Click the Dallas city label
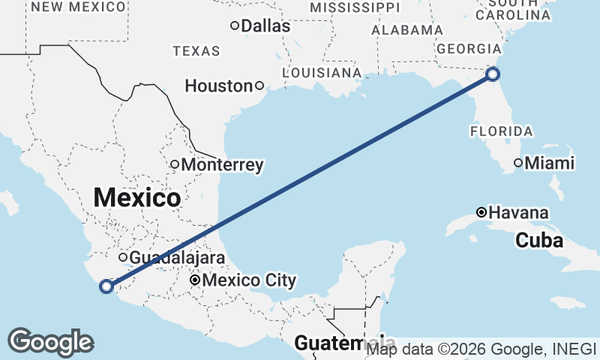point(265,26)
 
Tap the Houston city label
point(218,86)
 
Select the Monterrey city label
point(223,164)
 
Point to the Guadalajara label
point(177,258)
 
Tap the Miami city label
point(550,163)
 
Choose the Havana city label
point(518,213)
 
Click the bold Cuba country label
point(538,241)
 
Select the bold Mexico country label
point(137,199)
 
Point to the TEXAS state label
point(196,51)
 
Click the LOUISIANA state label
point(322,73)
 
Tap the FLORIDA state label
point(502,131)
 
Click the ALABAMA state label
point(407,30)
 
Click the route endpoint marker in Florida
point(493,73)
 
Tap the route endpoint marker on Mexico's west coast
point(106,285)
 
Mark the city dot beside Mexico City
point(195,280)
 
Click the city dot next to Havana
point(482,212)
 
